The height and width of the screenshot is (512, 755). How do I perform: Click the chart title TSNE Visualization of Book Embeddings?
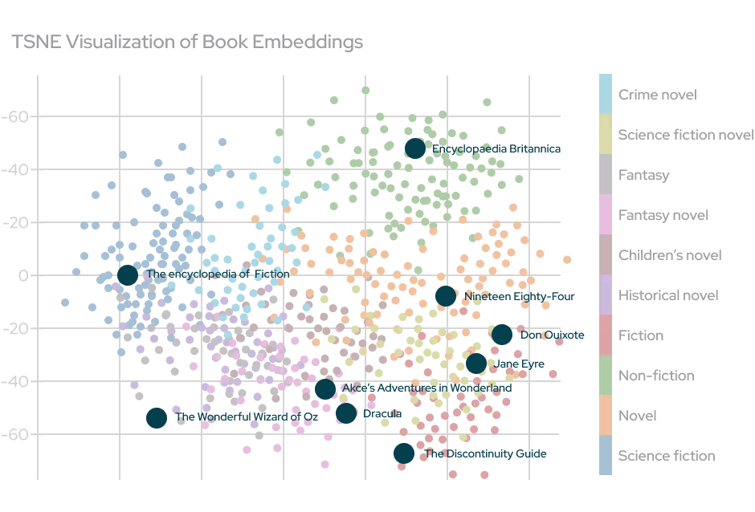(x=187, y=42)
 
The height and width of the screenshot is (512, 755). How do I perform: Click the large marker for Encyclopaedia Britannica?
(x=414, y=148)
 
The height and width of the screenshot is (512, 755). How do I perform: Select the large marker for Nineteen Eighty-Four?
(x=446, y=295)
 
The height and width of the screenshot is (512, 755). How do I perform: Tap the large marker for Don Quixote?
(x=502, y=335)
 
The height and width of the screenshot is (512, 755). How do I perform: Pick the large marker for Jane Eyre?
(x=475, y=364)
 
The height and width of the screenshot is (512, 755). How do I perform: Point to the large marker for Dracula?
(x=346, y=413)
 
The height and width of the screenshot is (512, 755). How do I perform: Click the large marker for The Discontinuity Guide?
(x=404, y=453)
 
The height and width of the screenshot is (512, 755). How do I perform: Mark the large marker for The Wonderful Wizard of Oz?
(x=157, y=417)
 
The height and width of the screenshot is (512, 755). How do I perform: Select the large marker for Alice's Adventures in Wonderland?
(x=324, y=389)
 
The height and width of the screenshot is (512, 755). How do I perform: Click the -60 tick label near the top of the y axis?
(x=15, y=117)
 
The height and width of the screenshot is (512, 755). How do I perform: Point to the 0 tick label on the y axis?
(x=23, y=275)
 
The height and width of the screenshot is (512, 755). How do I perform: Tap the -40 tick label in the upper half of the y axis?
(x=15, y=169)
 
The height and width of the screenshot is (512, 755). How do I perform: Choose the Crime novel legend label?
(x=657, y=95)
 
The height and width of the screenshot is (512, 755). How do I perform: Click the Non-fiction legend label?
(x=656, y=376)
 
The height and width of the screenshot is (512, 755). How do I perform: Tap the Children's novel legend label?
(x=670, y=255)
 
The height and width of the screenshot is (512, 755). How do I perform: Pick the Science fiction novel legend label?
(x=685, y=135)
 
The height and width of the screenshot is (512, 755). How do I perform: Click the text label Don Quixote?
(x=553, y=335)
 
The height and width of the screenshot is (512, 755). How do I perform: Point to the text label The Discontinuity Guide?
(x=487, y=454)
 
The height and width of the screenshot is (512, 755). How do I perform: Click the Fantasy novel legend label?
(x=663, y=215)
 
